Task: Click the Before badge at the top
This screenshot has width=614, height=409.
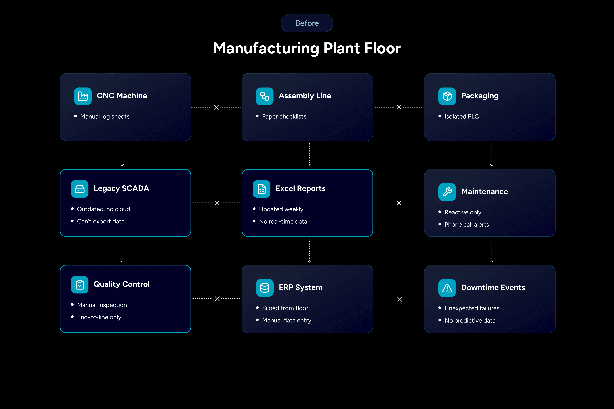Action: point(307,23)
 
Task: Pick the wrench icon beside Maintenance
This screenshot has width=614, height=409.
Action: point(447,192)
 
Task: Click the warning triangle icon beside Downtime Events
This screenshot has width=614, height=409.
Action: point(447,288)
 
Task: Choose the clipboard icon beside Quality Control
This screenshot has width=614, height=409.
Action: point(80,285)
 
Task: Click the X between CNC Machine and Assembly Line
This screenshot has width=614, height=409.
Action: point(216,107)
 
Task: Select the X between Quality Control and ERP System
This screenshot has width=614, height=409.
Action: point(217,299)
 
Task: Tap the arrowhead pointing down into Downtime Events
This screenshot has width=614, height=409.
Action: point(492,261)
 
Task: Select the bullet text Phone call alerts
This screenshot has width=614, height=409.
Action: point(467,225)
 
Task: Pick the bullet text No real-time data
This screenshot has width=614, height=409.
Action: point(283,221)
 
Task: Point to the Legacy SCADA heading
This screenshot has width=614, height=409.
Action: point(121,188)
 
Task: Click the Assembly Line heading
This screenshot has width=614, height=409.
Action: point(305,96)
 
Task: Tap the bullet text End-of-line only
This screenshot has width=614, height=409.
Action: point(99,317)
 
